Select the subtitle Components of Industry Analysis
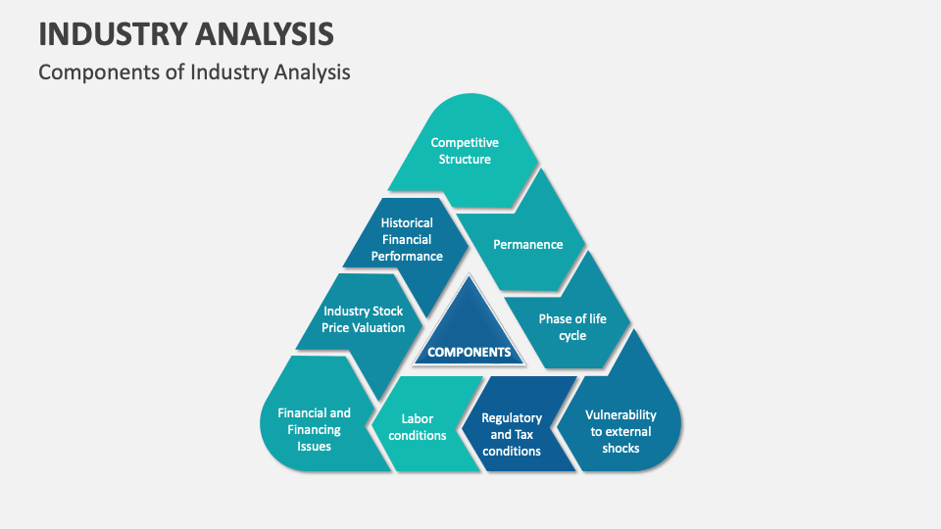[x=194, y=72]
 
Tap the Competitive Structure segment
[x=465, y=151]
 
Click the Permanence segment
[x=527, y=244]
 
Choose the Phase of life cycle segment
[x=572, y=327]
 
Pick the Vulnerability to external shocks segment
[x=620, y=431]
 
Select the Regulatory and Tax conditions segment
[x=512, y=434]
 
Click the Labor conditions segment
[x=418, y=427]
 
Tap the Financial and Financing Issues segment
[x=314, y=429]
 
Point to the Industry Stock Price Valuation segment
[x=363, y=319]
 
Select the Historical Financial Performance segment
[x=407, y=239]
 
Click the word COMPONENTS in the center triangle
[x=469, y=352]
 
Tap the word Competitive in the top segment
[x=465, y=143]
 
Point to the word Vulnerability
[x=620, y=414]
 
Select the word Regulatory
[x=512, y=418]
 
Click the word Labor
[x=418, y=419]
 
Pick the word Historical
[x=407, y=222]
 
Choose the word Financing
[x=314, y=429]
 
